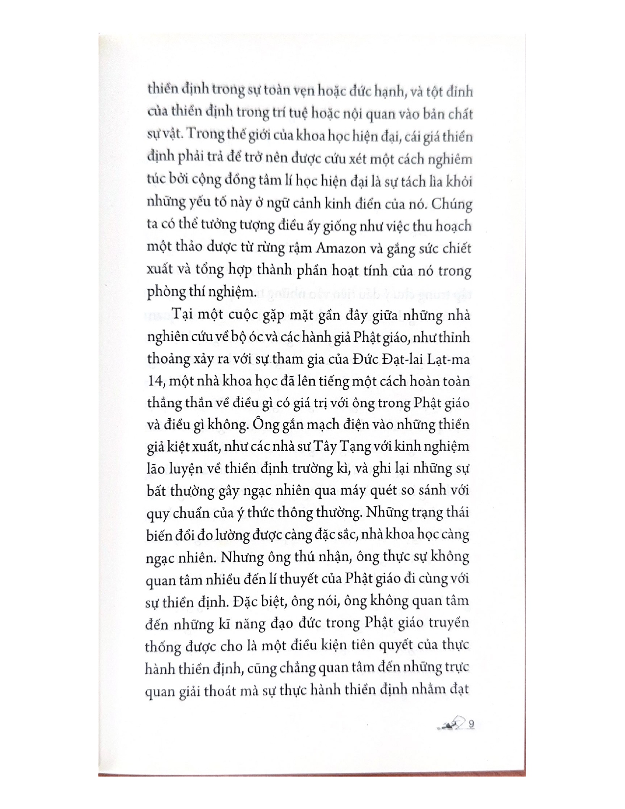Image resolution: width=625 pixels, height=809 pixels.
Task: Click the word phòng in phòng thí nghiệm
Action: (x=166, y=293)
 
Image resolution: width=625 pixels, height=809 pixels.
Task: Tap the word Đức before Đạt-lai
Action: (x=364, y=359)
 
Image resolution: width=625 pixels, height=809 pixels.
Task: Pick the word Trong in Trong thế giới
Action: (x=205, y=135)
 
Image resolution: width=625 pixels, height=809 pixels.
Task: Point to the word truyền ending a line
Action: (x=450, y=623)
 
